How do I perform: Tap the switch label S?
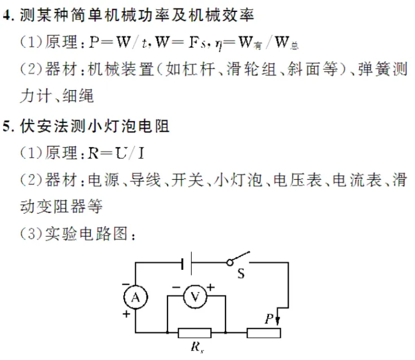point(241,274)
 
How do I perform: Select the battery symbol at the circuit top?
point(188,263)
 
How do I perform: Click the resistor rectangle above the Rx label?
point(195,333)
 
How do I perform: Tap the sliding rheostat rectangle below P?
point(264,333)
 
